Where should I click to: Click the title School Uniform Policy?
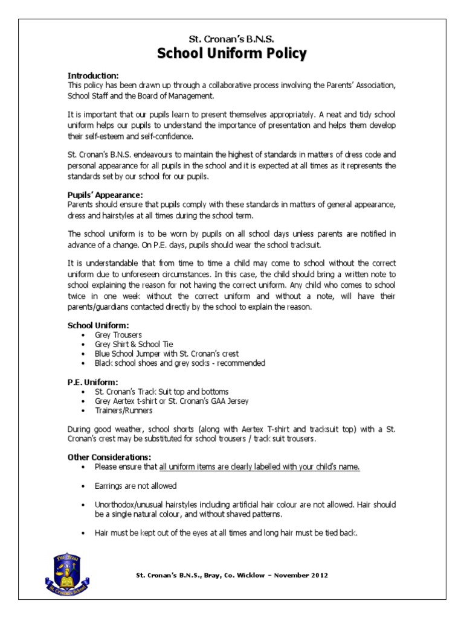[231, 54]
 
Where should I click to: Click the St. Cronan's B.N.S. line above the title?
[231, 39]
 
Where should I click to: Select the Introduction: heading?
[93, 75]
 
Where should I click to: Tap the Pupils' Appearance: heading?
[105, 195]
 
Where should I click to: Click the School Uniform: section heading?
[98, 325]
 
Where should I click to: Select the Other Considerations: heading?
[109, 457]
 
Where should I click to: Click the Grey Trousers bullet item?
[118, 334]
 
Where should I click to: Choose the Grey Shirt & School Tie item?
[134, 344]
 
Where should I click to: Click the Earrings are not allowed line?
[136, 486]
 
